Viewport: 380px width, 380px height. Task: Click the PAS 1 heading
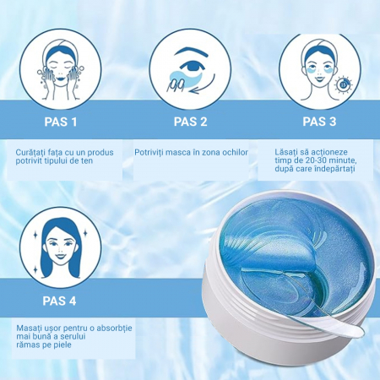pyautogui.click(x=61, y=122)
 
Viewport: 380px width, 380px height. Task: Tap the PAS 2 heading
pyautogui.click(x=190, y=122)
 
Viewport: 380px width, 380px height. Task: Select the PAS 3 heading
pyautogui.click(x=319, y=122)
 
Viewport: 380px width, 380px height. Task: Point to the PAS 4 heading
pyautogui.click(x=59, y=301)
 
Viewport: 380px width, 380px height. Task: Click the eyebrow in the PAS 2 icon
pyautogui.click(x=192, y=52)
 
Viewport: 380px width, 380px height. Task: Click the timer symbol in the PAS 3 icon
pyautogui.click(x=343, y=84)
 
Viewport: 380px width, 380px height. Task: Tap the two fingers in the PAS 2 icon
pyautogui.click(x=175, y=85)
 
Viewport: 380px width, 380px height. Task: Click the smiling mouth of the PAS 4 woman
pyautogui.click(x=60, y=257)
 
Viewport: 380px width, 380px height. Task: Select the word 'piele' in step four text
pyautogui.click(x=63, y=345)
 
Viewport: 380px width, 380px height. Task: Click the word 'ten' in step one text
pyautogui.click(x=86, y=160)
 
